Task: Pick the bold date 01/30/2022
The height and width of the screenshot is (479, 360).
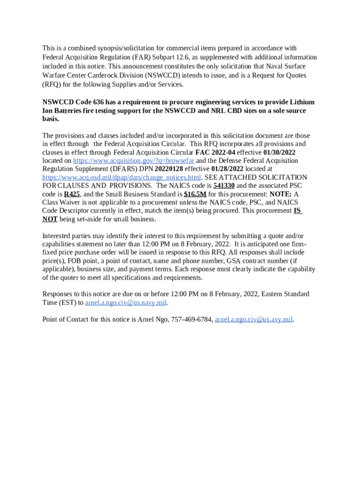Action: tap(279, 152)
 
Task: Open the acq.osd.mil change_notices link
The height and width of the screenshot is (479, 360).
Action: tap(122, 178)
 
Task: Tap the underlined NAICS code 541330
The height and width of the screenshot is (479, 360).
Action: tap(224, 186)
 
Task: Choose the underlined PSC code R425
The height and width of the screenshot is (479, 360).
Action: tap(72, 195)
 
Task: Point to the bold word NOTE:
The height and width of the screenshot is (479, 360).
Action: tap(281, 195)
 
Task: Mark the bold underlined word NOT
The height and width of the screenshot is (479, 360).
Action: tap(50, 219)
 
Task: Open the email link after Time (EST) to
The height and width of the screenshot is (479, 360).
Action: tap(126, 303)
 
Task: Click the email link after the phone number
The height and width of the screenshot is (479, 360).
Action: tap(253, 319)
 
